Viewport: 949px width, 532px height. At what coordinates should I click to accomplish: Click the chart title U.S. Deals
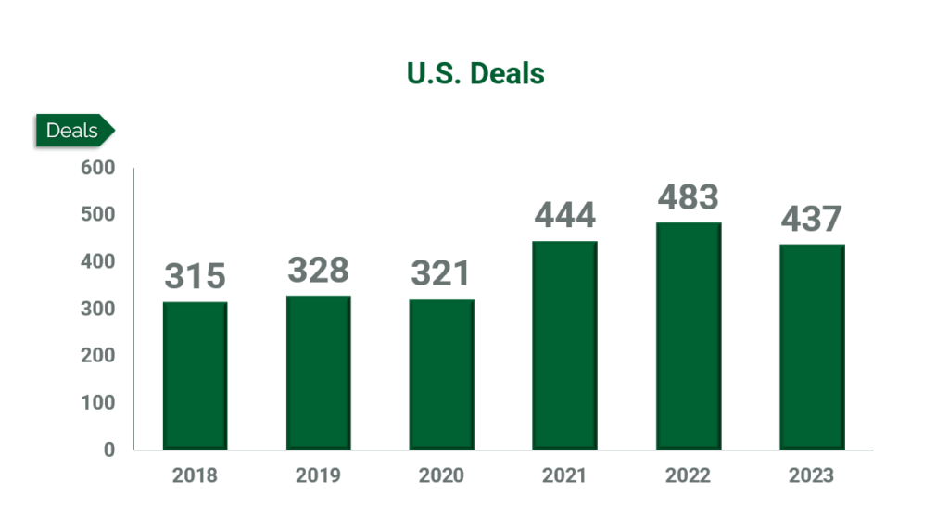475,73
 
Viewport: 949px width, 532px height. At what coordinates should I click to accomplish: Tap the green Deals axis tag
73,131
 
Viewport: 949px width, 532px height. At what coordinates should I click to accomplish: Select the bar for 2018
195,375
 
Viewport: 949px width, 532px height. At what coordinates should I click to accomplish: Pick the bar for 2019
318,373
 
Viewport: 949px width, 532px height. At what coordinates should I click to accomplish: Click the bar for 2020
441,374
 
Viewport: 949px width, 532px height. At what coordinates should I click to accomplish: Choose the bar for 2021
564,345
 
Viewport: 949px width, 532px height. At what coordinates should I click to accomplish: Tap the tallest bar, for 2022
688,336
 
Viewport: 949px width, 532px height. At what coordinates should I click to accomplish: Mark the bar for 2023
811,347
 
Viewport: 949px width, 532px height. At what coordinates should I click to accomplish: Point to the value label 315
195,276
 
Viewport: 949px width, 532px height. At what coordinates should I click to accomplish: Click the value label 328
318,270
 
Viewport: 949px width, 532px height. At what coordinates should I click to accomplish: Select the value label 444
564,216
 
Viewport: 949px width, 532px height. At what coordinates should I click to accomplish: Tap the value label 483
688,197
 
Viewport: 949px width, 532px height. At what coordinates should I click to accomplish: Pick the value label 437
811,219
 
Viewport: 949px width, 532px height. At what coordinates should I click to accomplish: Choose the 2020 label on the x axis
441,476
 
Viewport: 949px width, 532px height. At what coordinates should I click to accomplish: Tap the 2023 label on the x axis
811,476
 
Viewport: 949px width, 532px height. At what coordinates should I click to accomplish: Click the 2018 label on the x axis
195,476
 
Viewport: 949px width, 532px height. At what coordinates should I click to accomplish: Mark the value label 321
441,273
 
